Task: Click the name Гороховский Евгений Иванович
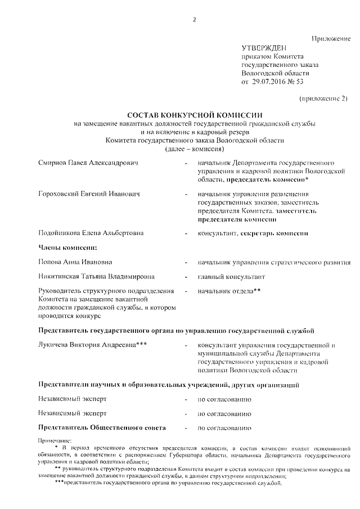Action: click(89, 194)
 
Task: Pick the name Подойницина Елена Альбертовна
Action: click(91, 232)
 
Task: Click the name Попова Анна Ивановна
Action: click(75, 262)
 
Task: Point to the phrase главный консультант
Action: click(232, 277)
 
